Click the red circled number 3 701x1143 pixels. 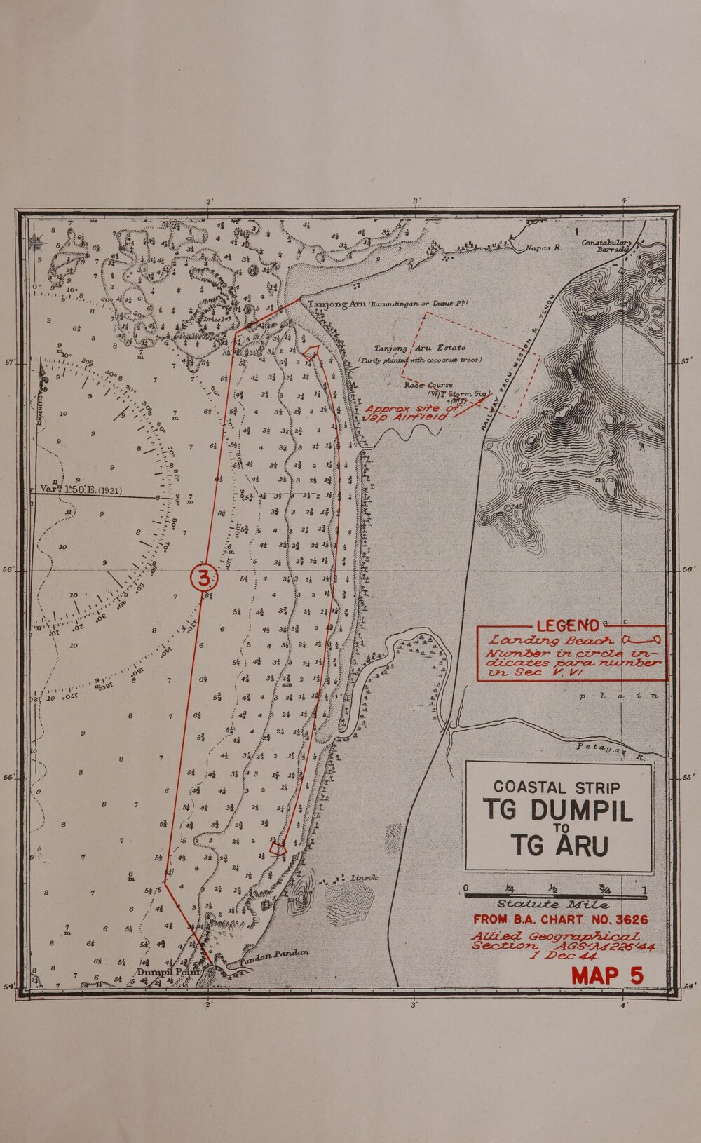coord(204,579)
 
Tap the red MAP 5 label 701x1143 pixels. coord(607,975)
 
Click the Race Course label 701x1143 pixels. coord(428,385)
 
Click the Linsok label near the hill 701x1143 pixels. coord(364,877)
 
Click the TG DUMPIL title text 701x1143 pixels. coord(559,812)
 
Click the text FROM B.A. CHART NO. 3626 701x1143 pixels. coord(560,919)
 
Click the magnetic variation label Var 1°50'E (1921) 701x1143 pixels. coord(82,490)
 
